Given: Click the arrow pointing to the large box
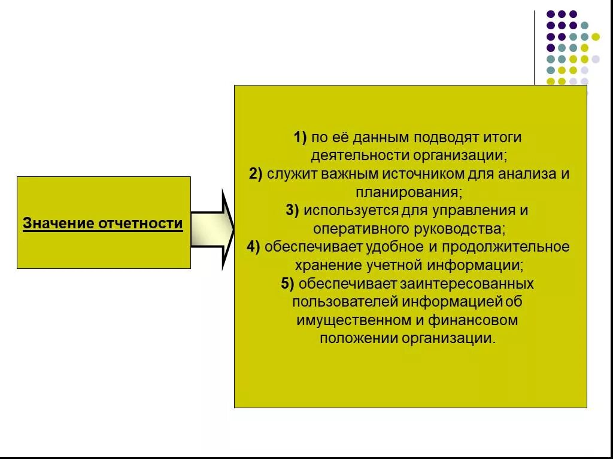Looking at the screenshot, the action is click(x=213, y=229).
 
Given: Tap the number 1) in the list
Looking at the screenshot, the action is click(x=300, y=137).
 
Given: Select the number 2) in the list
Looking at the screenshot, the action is click(x=256, y=174).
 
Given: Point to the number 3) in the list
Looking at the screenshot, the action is click(x=292, y=210).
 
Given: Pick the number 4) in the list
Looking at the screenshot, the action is click(x=253, y=247).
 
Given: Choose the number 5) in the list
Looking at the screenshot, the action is click(x=287, y=283).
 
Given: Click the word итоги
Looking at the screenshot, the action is click(x=503, y=137).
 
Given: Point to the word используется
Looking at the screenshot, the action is click(x=351, y=210).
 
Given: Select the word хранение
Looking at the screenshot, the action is click(x=324, y=265).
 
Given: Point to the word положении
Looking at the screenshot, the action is click(x=357, y=338).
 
